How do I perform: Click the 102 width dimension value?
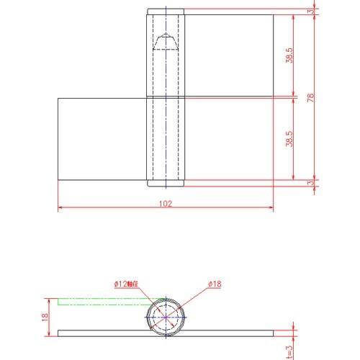pos(166,204)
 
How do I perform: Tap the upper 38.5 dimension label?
pos(288,55)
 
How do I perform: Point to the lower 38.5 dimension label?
pos(288,138)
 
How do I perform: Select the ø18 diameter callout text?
pos(214,285)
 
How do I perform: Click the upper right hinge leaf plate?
pos(229,55)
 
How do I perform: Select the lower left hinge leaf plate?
pos(102,138)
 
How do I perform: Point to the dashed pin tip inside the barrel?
pos(166,42)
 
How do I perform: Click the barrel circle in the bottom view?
pos(166,317)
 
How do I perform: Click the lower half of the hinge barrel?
pos(166,140)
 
